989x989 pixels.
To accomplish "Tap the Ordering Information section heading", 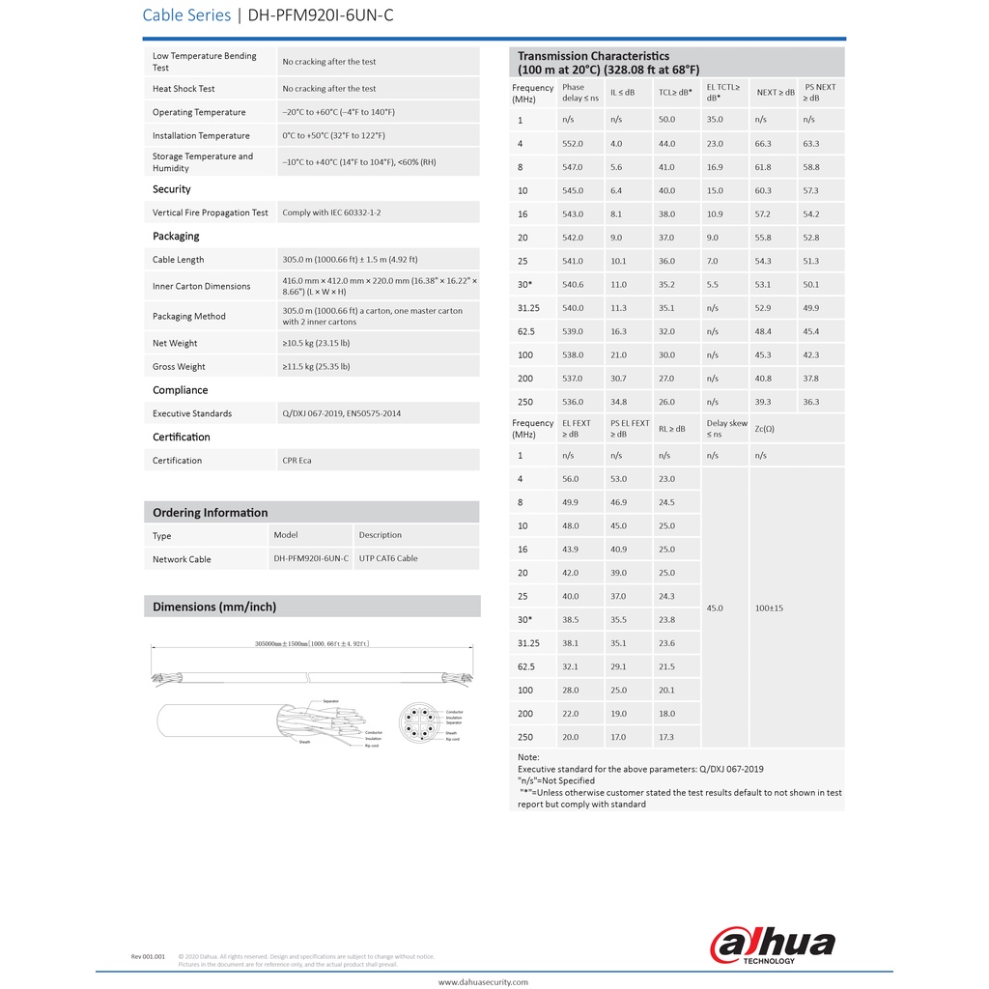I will (211, 513).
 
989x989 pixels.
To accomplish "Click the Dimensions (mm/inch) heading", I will (214, 607).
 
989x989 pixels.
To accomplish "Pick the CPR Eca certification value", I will (297, 461).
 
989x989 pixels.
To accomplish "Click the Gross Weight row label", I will (179, 367).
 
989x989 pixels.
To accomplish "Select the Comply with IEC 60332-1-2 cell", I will (331, 212).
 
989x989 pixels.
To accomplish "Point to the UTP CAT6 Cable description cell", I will (388, 558).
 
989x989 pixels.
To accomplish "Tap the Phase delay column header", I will (580, 92).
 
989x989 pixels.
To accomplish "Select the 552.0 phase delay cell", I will (573, 144).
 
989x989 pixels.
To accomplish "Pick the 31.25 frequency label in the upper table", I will (528, 308).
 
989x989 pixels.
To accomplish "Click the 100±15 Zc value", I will (770, 608).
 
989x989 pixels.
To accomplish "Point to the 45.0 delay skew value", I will (715, 608).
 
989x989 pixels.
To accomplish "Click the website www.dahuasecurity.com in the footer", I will (483, 982).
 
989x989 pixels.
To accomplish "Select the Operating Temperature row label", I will (199, 112).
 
